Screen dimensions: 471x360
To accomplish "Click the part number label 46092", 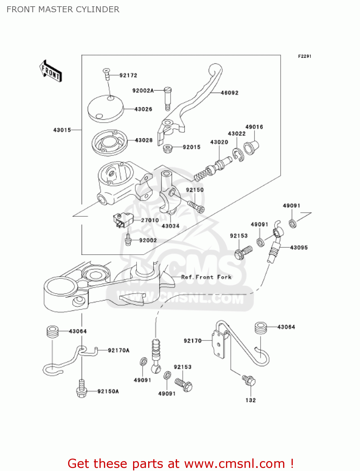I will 229,93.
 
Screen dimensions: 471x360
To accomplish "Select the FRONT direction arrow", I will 51,71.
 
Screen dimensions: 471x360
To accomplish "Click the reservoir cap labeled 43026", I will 105,109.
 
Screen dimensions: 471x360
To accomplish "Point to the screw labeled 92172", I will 107,74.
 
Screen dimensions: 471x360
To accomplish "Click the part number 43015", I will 62,130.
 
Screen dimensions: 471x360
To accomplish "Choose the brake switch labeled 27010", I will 123,220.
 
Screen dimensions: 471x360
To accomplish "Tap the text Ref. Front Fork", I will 206,277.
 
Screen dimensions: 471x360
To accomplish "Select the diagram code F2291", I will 304,56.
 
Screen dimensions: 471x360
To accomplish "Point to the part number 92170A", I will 119,350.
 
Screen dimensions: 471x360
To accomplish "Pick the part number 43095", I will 299,248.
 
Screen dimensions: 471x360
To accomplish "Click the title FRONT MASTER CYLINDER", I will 63,9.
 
